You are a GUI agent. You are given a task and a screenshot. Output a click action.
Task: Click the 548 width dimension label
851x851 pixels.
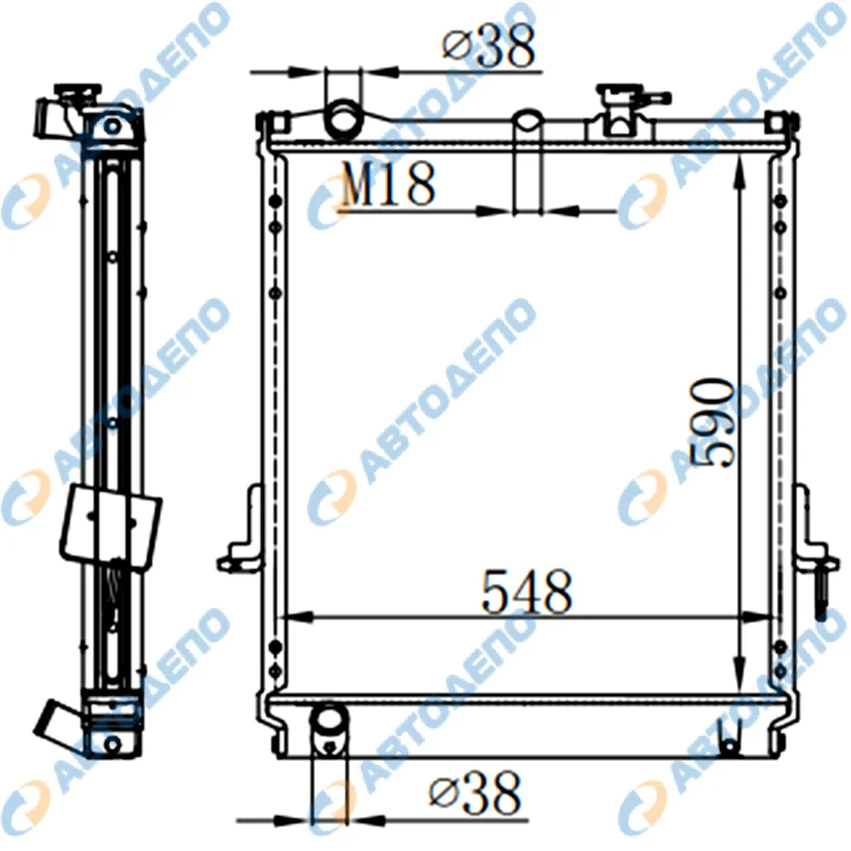click(526, 591)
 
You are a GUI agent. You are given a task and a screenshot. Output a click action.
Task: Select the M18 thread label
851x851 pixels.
click(387, 185)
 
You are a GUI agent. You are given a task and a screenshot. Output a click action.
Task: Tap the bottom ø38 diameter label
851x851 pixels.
click(474, 793)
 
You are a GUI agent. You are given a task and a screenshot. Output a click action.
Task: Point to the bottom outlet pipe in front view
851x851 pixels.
click(328, 729)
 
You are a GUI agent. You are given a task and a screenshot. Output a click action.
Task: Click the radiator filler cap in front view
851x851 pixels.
click(621, 109)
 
